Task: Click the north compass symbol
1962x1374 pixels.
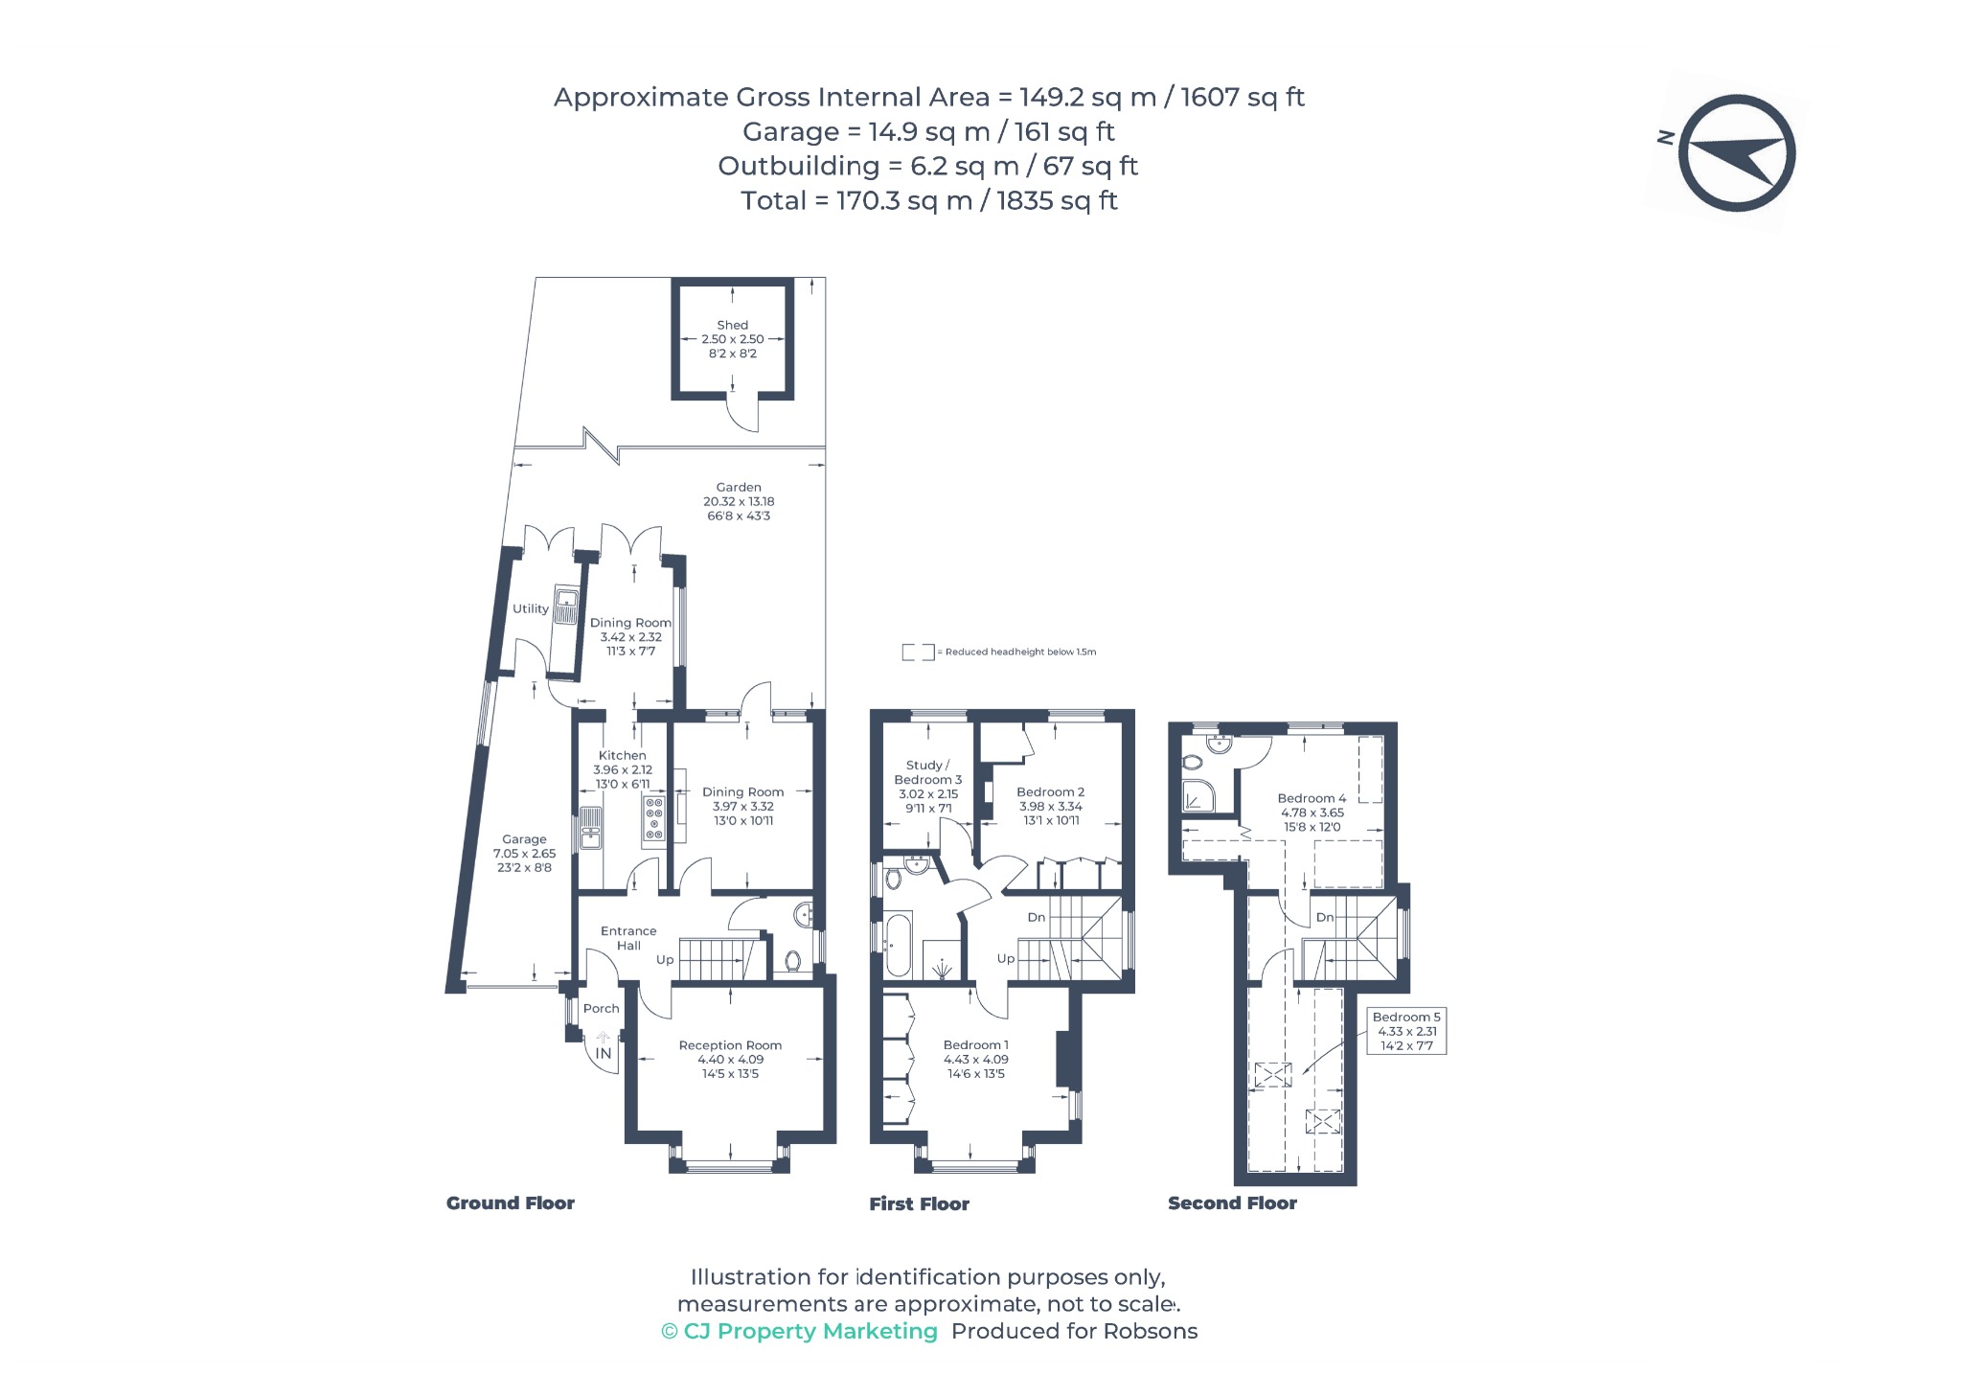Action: (1736, 153)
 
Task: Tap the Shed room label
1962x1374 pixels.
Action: (733, 325)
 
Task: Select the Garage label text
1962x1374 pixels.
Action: (524, 838)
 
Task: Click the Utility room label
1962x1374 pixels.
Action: (531, 608)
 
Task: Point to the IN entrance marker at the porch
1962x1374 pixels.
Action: (604, 1053)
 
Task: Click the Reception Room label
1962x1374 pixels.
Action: (730, 1045)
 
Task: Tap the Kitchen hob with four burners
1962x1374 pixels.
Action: (654, 818)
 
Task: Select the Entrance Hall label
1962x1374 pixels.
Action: (628, 938)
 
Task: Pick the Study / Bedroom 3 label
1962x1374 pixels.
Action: (928, 772)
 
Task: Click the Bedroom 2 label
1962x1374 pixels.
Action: (1051, 792)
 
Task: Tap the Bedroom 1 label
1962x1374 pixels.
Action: (976, 1044)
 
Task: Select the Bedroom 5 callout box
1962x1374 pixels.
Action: (1406, 1031)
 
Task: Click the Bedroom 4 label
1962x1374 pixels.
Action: (1312, 798)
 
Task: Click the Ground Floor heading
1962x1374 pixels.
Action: (511, 1203)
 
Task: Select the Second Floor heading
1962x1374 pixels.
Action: (1232, 1203)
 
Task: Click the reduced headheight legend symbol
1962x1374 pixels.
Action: (918, 653)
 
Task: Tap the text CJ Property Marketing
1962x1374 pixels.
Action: (810, 1331)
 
